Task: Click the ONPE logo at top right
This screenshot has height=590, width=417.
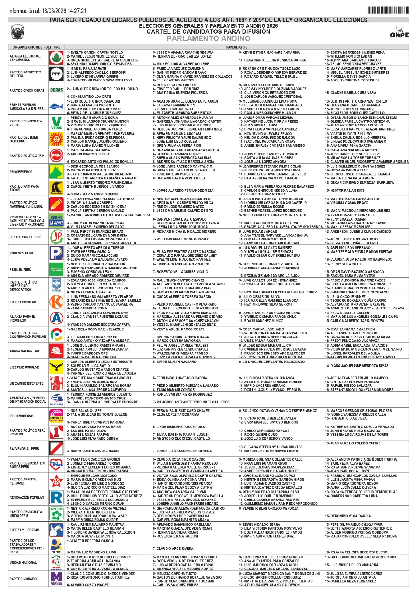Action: pos(399,32)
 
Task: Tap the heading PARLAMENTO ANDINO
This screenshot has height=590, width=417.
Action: pos(208,38)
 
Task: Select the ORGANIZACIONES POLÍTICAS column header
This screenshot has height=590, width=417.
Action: pos(37,47)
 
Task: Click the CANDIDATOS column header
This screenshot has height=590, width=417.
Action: pos(236,47)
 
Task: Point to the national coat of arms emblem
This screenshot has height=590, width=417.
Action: pos(17,32)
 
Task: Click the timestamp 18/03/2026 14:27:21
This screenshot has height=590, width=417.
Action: pos(64,11)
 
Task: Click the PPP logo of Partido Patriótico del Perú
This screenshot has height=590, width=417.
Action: pos(56,74)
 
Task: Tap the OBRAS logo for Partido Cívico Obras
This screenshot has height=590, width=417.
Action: pos(56,90)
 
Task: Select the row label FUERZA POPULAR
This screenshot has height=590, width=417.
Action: pos(23,302)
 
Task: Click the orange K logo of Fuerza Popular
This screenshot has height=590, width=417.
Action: pos(56,302)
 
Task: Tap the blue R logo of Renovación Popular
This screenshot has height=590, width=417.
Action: pos(56,497)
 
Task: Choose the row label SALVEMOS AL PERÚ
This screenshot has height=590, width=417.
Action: pos(24,449)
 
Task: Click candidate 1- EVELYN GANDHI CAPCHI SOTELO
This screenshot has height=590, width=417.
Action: pos(95,52)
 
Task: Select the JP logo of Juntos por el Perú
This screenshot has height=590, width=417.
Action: pos(56,237)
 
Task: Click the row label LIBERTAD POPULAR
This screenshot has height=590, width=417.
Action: pos(24,367)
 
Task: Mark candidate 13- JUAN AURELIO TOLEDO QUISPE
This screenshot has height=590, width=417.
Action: pos(352,443)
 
